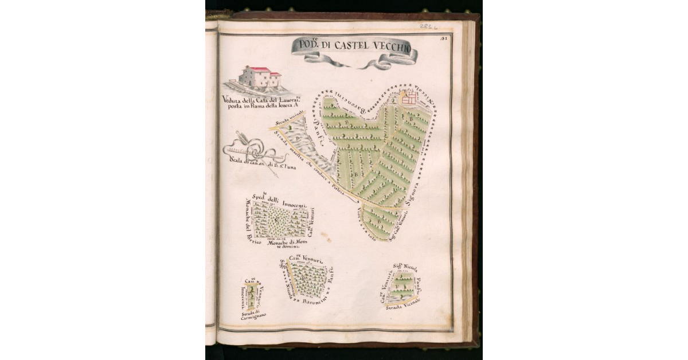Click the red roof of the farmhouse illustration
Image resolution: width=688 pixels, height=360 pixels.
coord(261,70)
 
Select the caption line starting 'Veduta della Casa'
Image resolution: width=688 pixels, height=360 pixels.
coord(260,99)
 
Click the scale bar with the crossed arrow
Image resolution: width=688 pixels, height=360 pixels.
coord(256,152)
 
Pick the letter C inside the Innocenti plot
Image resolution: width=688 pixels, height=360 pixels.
coord(276,220)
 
